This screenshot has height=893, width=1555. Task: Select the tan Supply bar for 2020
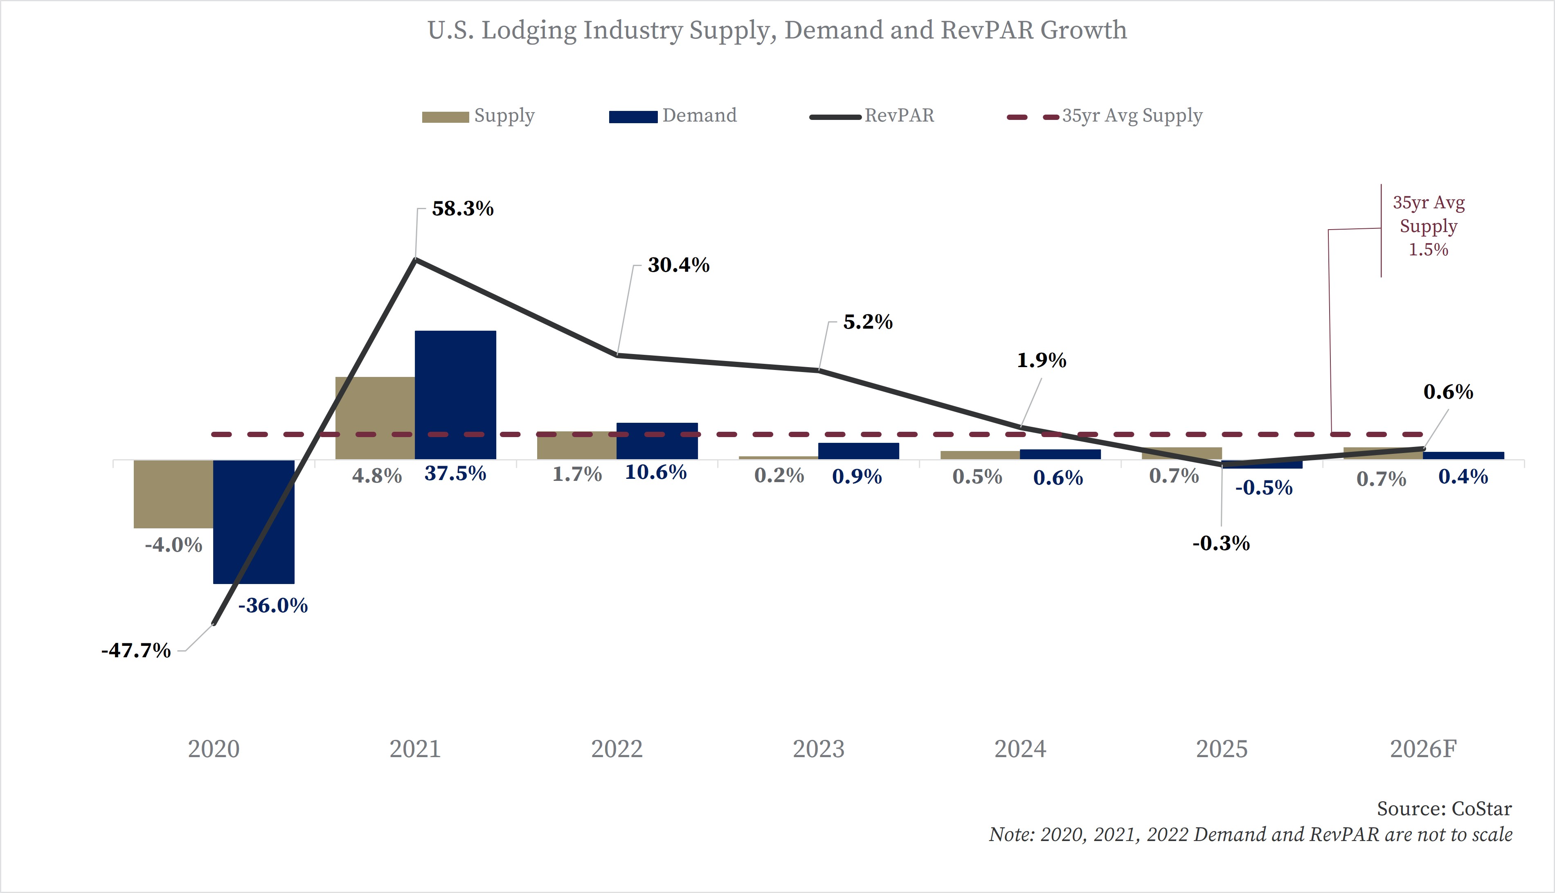(173, 494)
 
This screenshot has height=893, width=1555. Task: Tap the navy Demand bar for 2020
(254, 521)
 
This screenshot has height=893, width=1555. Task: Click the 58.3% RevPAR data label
(463, 209)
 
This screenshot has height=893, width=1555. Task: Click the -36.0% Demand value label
(273, 606)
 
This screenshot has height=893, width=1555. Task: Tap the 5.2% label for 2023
(868, 322)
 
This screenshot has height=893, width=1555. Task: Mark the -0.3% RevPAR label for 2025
(1221, 543)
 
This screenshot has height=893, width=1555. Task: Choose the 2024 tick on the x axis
(1020, 749)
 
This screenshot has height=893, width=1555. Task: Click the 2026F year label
(1422, 749)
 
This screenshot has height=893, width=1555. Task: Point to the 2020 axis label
(213, 749)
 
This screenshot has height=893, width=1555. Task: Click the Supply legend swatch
(445, 117)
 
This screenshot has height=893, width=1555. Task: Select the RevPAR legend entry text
(899, 116)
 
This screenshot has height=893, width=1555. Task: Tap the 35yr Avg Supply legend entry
(1132, 116)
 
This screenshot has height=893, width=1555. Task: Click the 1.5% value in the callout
(1428, 250)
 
